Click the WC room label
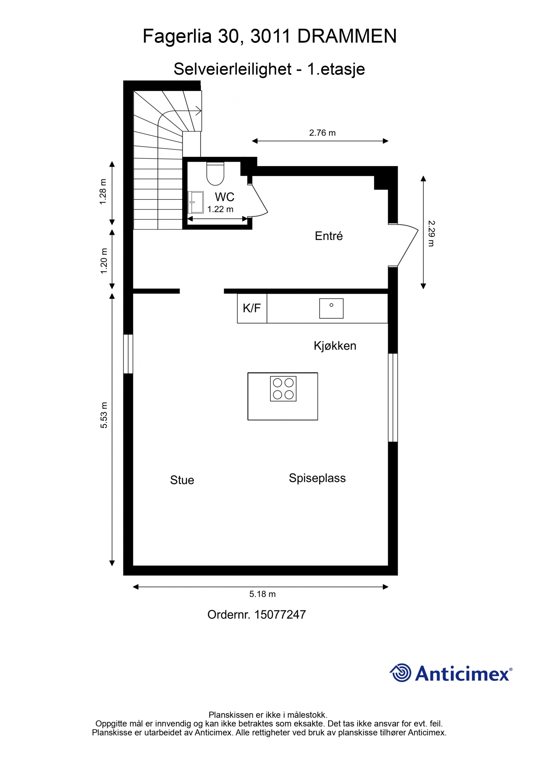point(224,197)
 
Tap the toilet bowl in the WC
point(215,174)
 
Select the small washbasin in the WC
point(196,202)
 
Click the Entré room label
point(329,236)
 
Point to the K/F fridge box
point(252,308)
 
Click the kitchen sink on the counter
point(331,308)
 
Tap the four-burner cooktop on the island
point(283,389)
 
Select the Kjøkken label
point(335,346)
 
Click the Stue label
point(182,480)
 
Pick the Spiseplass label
point(317,478)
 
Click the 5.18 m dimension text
point(263,594)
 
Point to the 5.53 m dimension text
point(104,415)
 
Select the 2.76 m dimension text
point(323,133)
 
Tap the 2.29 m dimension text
point(431,234)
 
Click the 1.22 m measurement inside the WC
point(221,209)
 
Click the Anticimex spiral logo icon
point(400,673)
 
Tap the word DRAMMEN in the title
point(347,37)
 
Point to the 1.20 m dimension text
point(104,261)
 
